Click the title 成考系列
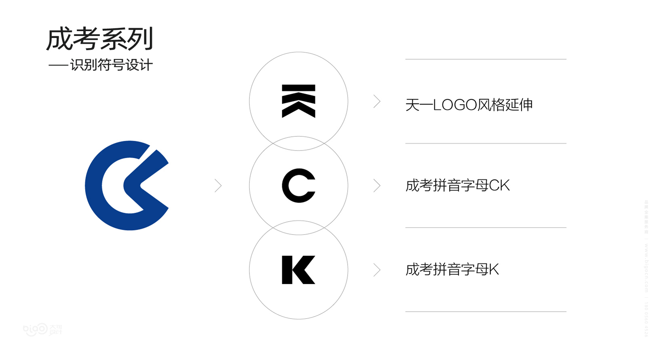99,39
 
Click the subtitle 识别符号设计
111,65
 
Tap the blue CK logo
127,186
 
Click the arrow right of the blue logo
218,186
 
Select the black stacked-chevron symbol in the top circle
298,101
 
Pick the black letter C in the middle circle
298,186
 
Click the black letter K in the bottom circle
298,270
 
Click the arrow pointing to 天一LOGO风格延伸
377,102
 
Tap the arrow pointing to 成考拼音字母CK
377,186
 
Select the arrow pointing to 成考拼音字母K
377,270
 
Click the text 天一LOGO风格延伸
469,105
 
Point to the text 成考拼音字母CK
458,186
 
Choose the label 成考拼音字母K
452,269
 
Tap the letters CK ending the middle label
500,186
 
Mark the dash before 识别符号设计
58,66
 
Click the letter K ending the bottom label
494,269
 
